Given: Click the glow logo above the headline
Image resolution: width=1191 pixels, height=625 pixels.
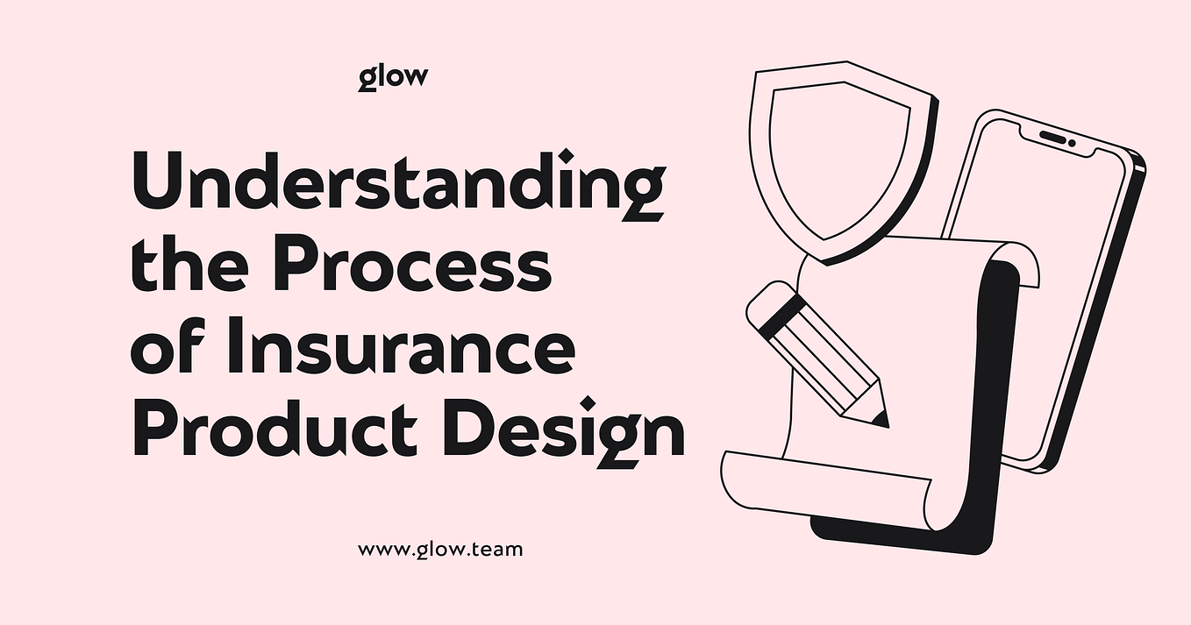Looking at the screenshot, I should [x=393, y=77].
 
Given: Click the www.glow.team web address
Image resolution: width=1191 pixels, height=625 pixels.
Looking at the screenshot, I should [x=440, y=550].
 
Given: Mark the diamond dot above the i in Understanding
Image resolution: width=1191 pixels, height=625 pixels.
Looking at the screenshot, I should [x=567, y=156].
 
